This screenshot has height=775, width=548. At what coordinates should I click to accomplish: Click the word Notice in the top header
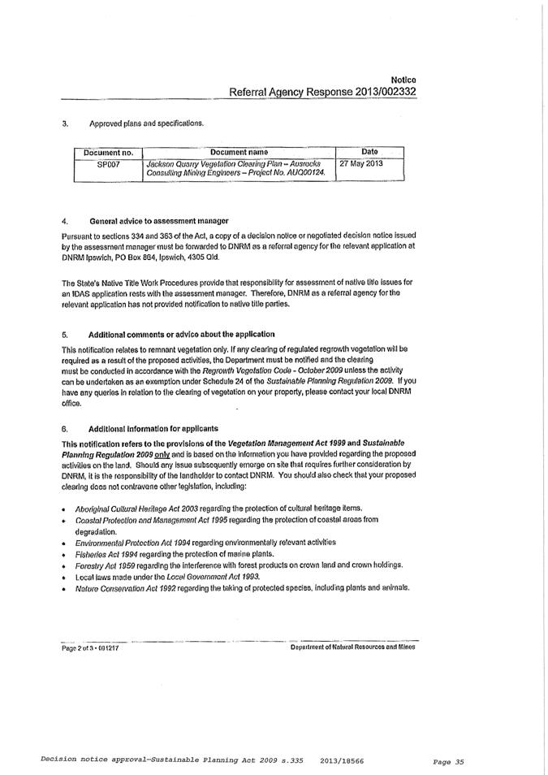click(x=403, y=80)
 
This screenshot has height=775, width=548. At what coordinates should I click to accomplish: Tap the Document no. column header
click(x=108, y=152)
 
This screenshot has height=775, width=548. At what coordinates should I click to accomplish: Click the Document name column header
click(x=239, y=152)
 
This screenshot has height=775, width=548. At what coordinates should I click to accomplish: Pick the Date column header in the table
click(x=369, y=152)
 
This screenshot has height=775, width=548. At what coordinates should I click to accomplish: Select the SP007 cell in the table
click(x=109, y=164)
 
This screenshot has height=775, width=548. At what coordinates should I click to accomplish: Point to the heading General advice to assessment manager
click(x=158, y=221)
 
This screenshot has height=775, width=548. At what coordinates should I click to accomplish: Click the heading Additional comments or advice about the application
click(x=181, y=334)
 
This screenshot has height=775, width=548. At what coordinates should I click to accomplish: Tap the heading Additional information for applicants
click(x=153, y=428)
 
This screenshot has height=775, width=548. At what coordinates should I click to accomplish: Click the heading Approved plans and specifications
click(x=146, y=123)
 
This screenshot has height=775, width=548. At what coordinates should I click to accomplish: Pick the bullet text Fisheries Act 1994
click(x=110, y=552)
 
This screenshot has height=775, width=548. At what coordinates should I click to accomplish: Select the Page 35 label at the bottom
click(x=447, y=762)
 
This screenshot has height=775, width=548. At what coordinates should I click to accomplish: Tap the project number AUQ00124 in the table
click(x=304, y=174)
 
